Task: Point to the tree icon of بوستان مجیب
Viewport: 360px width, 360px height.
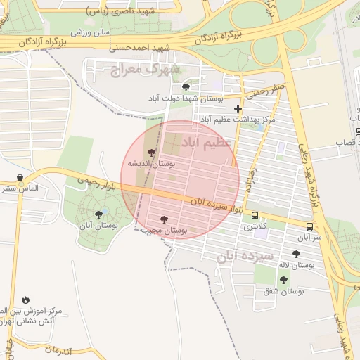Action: (x=165, y=219)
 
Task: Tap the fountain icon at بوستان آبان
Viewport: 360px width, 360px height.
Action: (x=98, y=213)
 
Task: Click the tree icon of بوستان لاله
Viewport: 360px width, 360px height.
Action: (x=296, y=254)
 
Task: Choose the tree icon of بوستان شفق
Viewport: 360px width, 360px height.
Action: (x=283, y=280)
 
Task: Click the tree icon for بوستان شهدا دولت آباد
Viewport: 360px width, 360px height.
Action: (x=186, y=88)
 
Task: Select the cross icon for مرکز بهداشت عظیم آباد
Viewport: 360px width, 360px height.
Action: (x=238, y=108)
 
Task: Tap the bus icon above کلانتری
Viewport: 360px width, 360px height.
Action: (x=255, y=216)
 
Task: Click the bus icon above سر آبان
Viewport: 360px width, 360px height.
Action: (x=309, y=226)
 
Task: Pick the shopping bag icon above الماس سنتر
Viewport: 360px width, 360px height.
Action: (x=20, y=178)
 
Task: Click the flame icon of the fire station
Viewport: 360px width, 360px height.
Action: (x=26, y=300)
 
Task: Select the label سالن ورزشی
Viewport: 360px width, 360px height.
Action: (x=90, y=32)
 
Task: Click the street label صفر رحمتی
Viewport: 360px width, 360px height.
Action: (x=265, y=89)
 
